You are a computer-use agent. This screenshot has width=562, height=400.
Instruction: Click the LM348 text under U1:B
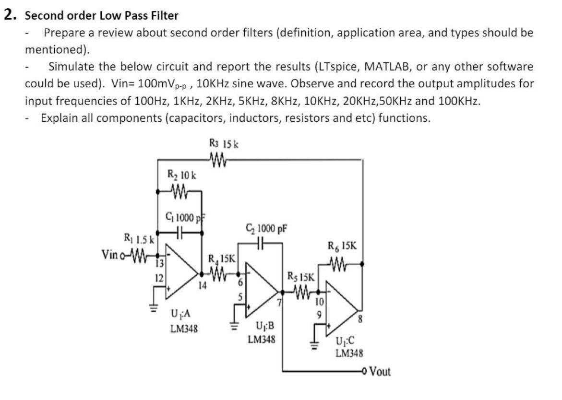261,340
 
